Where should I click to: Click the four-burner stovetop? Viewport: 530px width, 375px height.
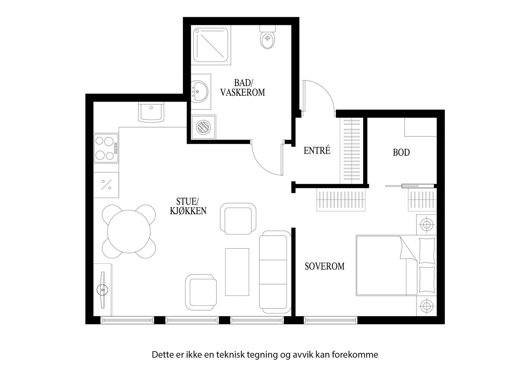(106, 148)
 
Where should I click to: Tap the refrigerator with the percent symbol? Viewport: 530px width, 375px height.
(106, 185)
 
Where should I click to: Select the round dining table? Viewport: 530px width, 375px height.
(129, 231)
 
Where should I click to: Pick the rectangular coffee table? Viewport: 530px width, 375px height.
(237, 272)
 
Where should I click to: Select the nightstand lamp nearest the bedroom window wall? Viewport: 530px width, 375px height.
(426, 305)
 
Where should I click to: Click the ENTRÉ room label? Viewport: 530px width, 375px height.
(317, 151)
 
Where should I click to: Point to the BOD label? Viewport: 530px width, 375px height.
(401, 152)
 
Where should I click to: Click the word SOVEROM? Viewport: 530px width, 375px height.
(324, 266)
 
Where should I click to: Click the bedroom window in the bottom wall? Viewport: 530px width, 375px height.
(331, 320)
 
